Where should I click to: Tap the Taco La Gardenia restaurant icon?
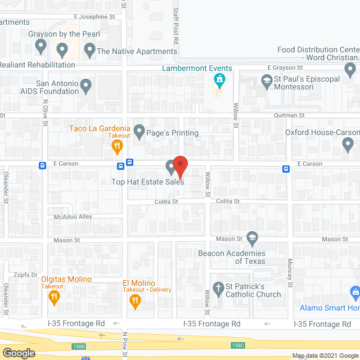[x=117, y=147]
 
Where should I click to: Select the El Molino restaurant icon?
[x=135, y=301]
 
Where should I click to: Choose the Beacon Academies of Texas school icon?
[x=251, y=238]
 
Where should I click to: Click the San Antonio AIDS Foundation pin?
[x=85, y=87]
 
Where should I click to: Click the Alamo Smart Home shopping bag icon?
[x=354, y=293]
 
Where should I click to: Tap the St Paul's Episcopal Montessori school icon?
[x=265, y=83]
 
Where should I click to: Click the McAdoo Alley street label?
[x=69, y=217]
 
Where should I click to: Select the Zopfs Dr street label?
[x=26, y=275]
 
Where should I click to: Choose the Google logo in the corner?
[x=18, y=353]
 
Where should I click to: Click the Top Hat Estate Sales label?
[x=147, y=182]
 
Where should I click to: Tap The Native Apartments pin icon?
[x=89, y=51]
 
